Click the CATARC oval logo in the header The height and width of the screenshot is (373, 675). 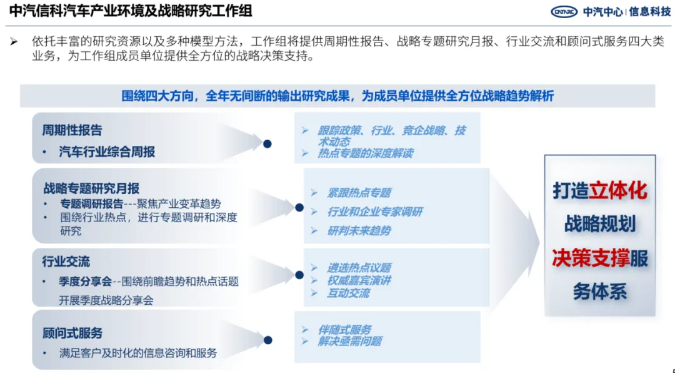coord(564,12)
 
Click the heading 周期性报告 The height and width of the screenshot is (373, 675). coord(72,131)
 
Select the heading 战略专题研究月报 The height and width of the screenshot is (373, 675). coord(91,188)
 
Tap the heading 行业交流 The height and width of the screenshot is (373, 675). coord(66,262)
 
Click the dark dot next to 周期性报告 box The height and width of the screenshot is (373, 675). coord(267,144)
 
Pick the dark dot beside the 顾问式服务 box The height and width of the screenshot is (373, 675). coord(267,340)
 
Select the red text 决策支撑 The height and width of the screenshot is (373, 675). coord(591,258)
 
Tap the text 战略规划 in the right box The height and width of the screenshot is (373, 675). coord(600,224)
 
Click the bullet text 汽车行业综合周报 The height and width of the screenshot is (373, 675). coord(107,151)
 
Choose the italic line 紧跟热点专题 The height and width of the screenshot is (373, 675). coord(359,193)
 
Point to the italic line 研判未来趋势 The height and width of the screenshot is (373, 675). coord(359,231)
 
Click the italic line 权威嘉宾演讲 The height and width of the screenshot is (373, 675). coord(359,280)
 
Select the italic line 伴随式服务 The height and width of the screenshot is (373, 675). coord(344,330)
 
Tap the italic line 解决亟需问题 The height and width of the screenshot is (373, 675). coord(349,341)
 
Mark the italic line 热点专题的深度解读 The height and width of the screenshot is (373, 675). coord(365,153)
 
